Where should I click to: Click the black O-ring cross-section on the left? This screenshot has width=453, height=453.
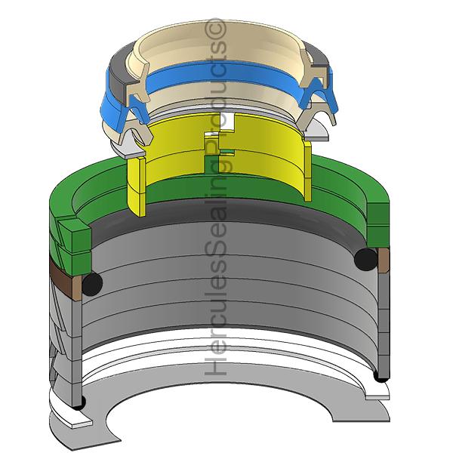point(92,285)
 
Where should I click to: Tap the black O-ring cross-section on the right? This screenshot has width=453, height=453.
point(365,259)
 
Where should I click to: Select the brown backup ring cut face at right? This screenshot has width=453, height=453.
point(384,260)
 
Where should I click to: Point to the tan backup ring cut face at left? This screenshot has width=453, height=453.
point(77,288)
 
